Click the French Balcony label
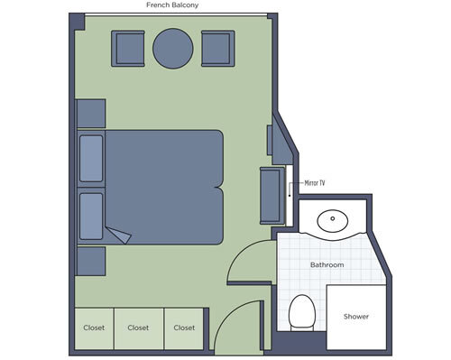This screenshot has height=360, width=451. pyautogui.click(x=173, y=5)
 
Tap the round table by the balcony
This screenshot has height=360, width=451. pyautogui.click(x=173, y=49)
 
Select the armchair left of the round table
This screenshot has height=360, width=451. pyautogui.click(x=128, y=48)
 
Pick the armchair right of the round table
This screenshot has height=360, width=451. pyautogui.click(x=217, y=48)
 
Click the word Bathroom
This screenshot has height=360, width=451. pyautogui.click(x=327, y=266)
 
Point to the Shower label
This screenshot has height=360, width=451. pyautogui.click(x=355, y=317)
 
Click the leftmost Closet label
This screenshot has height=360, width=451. pyautogui.click(x=94, y=328)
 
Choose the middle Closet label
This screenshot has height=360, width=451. pyautogui.click(x=138, y=328)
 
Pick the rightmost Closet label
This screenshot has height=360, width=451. pyautogui.click(x=184, y=328)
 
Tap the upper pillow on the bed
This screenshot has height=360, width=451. pyautogui.click(x=91, y=159)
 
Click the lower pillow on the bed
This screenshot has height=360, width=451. pyautogui.click(x=91, y=215)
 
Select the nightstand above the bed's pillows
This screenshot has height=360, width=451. pyautogui.click(x=90, y=114)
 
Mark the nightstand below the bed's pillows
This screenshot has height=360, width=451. pyautogui.click(x=90, y=261)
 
